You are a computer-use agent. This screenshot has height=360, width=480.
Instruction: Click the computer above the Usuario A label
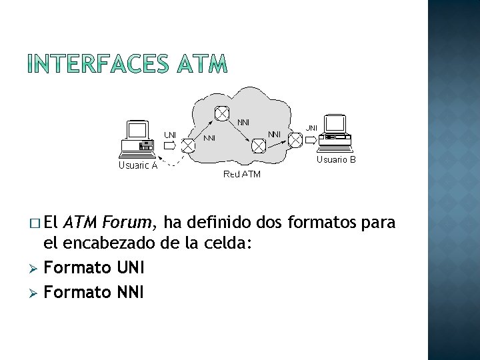click(138, 138)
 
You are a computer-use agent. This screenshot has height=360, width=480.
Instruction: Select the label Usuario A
click(137, 166)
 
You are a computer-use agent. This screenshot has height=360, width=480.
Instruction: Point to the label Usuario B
click(336, 160)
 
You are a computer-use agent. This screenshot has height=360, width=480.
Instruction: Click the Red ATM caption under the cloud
click(242, 174)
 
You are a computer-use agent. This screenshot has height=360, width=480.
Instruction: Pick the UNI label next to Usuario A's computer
click(171, 135)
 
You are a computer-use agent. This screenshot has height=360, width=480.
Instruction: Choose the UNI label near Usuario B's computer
click(311, 128)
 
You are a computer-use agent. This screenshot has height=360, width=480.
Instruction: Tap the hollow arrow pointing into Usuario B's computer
click(311, 139)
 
